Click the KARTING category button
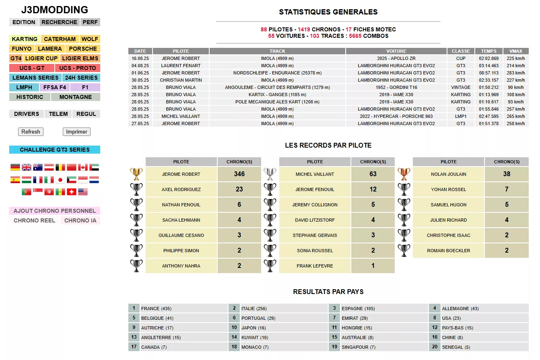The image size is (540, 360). [25, 39]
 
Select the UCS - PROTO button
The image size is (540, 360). [78, 68]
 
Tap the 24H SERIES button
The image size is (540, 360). [81, 78]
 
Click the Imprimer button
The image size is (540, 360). [76, 132]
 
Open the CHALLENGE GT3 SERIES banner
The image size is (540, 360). [55, 150]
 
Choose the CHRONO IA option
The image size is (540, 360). [80, 220]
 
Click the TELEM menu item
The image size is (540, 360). [58, 114]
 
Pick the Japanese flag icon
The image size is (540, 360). [60, 180]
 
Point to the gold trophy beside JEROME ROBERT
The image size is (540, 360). [136, 174]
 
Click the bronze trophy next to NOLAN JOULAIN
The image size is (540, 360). [404, 174]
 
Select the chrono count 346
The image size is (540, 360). [239, 174]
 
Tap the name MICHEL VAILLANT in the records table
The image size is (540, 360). [315, 174]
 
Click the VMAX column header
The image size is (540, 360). [516, 51]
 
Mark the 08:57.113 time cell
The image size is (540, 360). [488, 73]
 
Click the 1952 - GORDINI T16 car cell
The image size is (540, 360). [396, 87]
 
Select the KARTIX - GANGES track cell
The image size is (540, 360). [277, 95]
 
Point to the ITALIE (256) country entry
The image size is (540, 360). [254, 309]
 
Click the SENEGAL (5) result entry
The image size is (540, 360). [456, 347]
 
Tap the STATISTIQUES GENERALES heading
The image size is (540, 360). [328, 12]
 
